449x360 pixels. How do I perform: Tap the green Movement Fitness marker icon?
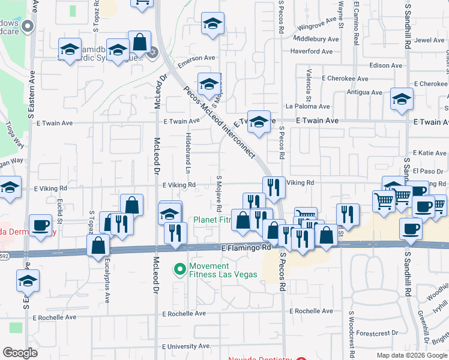coord(179,269)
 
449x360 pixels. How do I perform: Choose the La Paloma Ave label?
coord(308,106)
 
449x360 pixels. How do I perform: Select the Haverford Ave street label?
coord(312,52)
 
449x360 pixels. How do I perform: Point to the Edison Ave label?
coord(388,65)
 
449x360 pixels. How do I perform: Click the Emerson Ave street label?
coord(195,58)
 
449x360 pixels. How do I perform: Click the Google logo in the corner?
coord(20,353)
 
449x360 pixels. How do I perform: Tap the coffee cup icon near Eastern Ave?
coord(40,226)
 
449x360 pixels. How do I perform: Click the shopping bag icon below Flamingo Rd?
coord(98,245)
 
